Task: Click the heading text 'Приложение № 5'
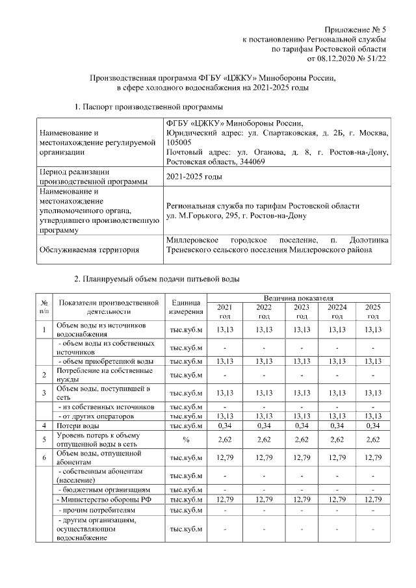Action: click(x=356, y=31)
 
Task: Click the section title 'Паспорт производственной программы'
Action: click(x=153, y=106)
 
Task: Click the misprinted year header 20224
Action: click(x=337, y=307)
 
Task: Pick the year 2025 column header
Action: click(x=373, y=307)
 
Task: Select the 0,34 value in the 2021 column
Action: click(x=224, y=425)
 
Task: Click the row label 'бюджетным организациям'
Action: click(x=105, y=489)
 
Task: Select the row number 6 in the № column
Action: click(x=44, y=458)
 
